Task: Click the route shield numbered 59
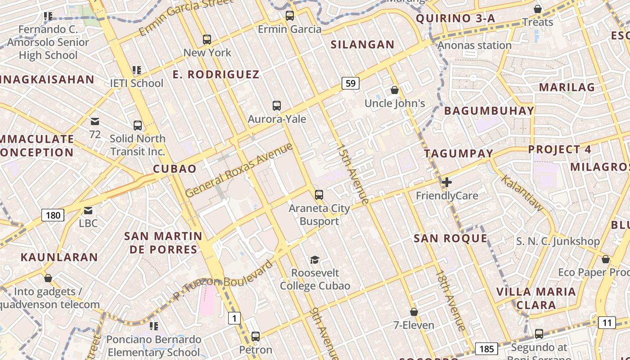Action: pos(351,83)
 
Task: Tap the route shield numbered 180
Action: pos(53,215)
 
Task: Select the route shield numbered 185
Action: pos(486,349)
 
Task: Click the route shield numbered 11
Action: pos(607,323)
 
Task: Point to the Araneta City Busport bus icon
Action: pos(319,195)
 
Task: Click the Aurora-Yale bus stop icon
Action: pos(277,106)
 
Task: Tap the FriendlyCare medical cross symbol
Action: pos(447,182)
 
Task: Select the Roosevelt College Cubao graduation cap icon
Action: pos(315,260)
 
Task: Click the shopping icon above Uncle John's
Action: pos(395,90)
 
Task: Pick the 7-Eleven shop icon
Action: pos(414,312)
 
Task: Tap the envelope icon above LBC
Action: pos(88,210)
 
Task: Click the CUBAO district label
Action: pos(175,169)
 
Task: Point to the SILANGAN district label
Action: pos(362,45)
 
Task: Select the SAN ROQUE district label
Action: pos(450,238)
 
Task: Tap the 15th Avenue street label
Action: pos(353,174)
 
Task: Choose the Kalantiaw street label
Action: pos(522,193)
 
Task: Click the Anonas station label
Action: pos(474,45)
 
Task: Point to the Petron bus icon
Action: pos(256,336)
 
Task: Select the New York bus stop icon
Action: pos(207,39)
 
